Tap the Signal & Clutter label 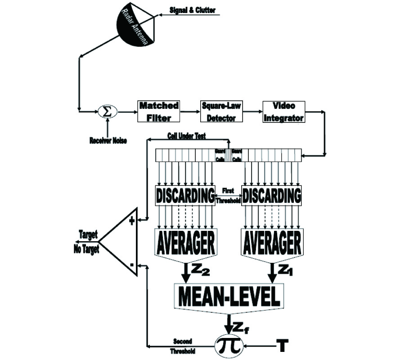[192, 9]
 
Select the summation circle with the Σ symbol [107, 111]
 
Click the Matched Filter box [158, 111]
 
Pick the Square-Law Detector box [221, 111]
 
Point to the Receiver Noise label [108, 141]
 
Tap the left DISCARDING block [185, 196]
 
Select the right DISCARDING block [271, 196]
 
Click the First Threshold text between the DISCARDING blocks [228, 196]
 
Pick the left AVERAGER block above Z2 [185, 243]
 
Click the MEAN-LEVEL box [229, 296]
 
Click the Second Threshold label [184, 346]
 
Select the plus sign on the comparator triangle [132, 221]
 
